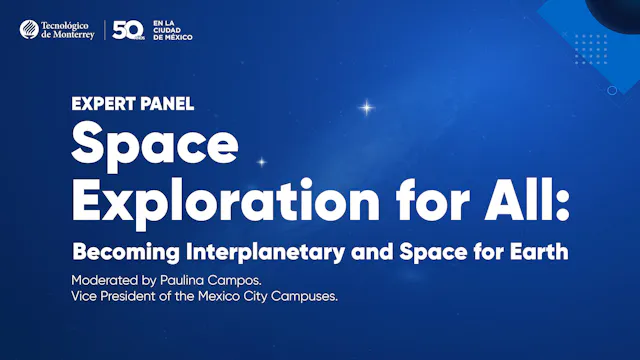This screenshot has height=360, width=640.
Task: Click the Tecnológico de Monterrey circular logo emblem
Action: tap(30, 30)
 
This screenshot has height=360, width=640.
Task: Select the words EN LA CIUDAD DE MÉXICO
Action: tap(171, 31)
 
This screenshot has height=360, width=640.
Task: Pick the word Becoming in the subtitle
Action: tap(121, 251)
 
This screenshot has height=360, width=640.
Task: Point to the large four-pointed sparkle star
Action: tap(367, 105)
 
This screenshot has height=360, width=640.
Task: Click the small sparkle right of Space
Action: tap(262, 161)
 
